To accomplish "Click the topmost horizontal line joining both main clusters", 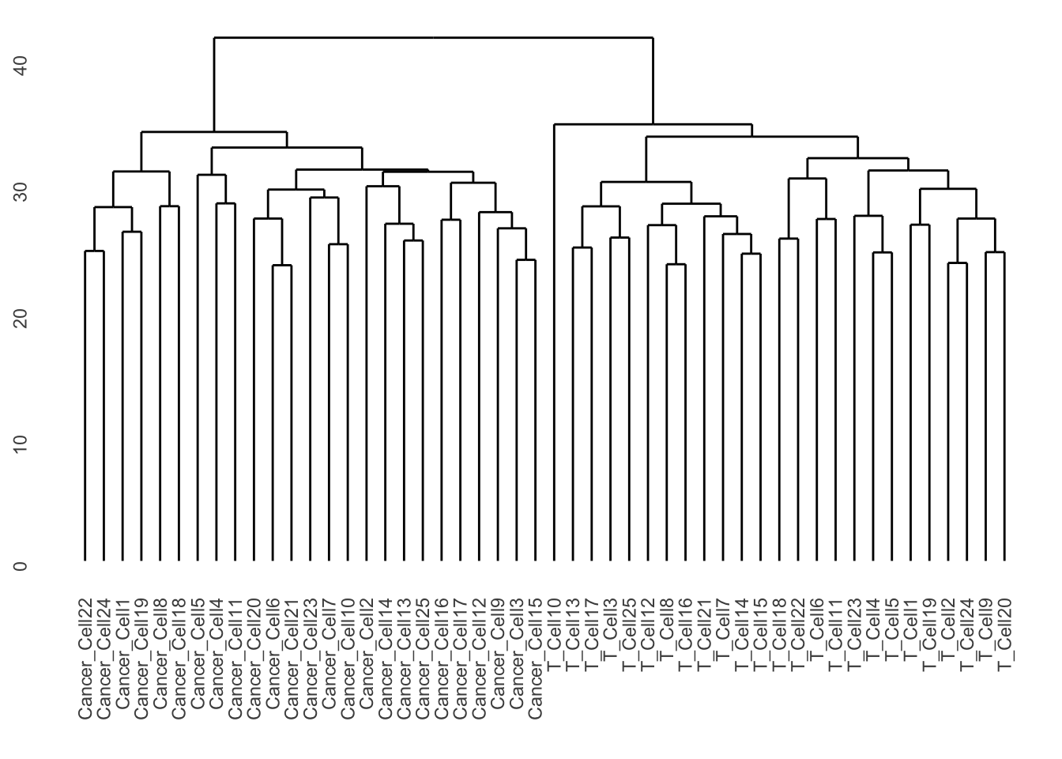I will [433, 37].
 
